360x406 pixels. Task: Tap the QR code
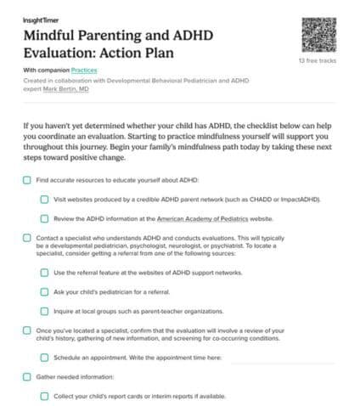pos(319,34)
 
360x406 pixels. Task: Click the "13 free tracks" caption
pos(318,62)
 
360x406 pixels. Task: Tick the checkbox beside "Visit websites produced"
pos(44,200)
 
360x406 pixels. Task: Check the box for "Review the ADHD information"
pos(44,218)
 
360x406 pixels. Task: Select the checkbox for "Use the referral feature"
pos(44,273)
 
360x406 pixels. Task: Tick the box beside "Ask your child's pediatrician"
pos(44,291)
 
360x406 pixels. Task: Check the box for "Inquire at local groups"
pos(44,310)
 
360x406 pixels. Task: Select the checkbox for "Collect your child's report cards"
pos(44,395)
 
